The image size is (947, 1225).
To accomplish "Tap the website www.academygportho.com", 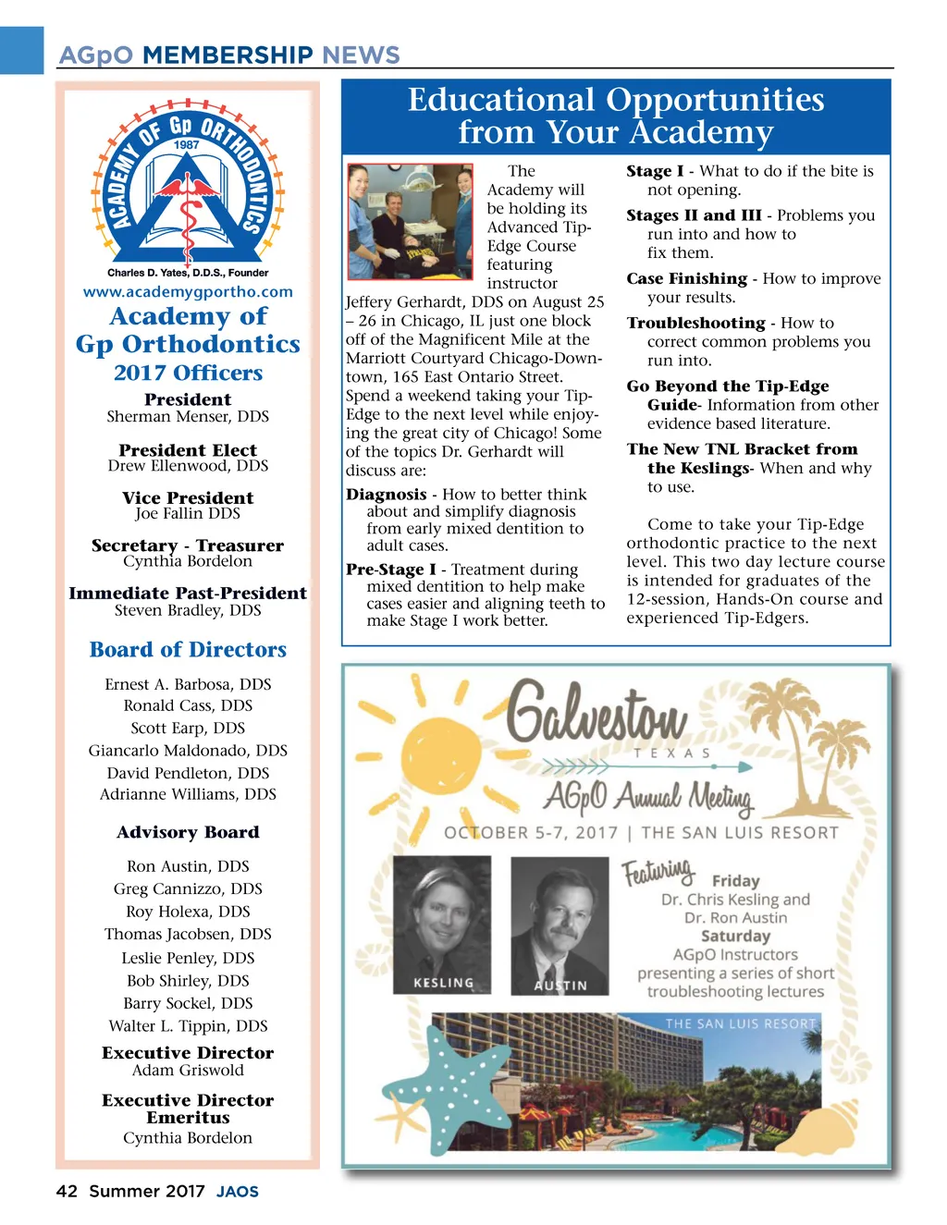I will tap(188, 292).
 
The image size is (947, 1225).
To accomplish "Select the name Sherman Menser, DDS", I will tap(188, 417).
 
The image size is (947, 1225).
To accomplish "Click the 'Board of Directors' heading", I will tap(188, 650).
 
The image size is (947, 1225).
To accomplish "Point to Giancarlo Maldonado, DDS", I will tap(188, 751).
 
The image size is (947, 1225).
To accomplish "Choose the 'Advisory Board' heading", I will tap(188, 832).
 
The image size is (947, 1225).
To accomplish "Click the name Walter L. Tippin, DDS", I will tap(188, 1026).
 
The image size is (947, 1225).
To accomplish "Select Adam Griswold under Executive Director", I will tap(188, 1071).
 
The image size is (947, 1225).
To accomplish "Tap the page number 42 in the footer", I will tap(67, 1192).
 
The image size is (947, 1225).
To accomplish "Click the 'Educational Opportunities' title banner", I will tap(615, 116).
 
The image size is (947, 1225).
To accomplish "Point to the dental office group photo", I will tap(410, 222).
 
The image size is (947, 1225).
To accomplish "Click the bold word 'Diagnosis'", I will tap(387, 495).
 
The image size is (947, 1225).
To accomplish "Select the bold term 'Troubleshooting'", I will tap(695, 323).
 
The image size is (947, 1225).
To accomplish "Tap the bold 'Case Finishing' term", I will tap(686, 278).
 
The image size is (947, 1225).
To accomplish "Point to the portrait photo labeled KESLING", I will tap(442, 925).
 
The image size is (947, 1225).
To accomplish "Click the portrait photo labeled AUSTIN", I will tap(560, 925).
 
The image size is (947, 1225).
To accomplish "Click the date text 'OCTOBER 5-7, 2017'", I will tap(531, 832).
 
